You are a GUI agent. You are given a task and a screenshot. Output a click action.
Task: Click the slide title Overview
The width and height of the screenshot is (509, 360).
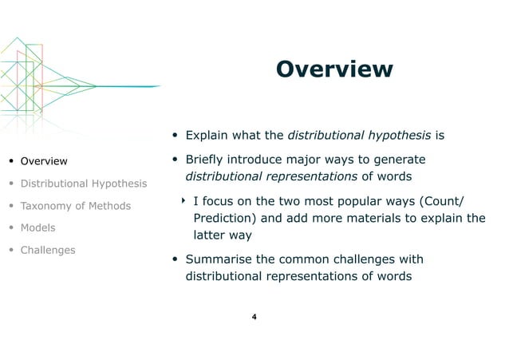(x=334, y=69)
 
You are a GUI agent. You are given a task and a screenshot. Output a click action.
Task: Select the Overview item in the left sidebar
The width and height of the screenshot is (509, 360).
(x=44, y=162)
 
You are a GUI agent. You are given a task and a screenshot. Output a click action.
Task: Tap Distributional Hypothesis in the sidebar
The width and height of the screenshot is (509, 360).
(x=84, y=184)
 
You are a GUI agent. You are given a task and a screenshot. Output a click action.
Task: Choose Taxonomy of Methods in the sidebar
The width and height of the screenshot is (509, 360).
(x=76, y=206)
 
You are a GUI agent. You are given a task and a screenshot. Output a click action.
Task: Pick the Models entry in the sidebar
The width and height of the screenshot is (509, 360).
(x=37, y=227)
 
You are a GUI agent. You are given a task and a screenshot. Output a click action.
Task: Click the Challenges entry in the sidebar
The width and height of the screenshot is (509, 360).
(x=48, y=250)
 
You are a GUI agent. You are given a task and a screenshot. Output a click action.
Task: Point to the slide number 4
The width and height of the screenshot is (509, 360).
(x=254, y=318)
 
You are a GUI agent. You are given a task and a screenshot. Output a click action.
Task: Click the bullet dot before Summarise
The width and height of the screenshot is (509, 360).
(x=176, y=260)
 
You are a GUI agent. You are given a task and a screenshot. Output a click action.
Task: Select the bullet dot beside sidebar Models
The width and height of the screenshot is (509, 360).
(x=11, y=228)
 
